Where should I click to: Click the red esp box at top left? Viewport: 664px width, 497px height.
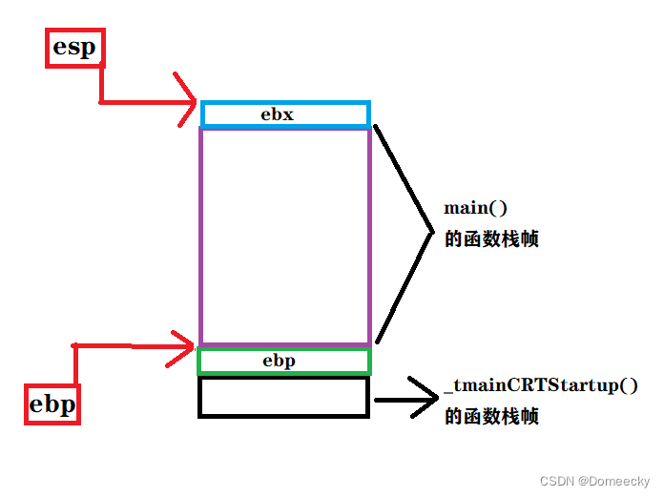pos(74,48)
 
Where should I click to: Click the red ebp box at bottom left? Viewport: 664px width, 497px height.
pos(52,404)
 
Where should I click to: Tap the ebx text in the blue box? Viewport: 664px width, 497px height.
pos(278,114)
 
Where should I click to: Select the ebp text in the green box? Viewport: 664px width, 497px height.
pos(279,361)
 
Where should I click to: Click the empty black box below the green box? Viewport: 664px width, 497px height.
pos(283,397)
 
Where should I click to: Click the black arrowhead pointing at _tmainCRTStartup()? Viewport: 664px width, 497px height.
pos(421,397)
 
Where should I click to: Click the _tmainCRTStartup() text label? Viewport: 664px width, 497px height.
pos(541,386)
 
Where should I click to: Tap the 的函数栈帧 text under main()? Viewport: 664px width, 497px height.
pos(491,239)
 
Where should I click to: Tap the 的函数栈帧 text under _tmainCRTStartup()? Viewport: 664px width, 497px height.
pos(491,417)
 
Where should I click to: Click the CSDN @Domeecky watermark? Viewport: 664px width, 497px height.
pos(594,481)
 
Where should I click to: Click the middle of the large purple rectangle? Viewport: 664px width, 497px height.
pos(284,236)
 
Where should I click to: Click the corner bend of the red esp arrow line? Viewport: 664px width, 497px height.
pos(101,100)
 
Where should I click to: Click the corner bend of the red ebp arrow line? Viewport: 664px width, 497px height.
pos(75,344)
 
